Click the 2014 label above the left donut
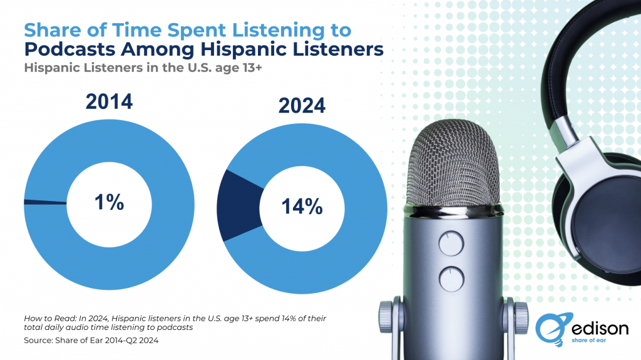click(x=109, y=101)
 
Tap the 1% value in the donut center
click(x=110, y=202)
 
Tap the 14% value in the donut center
click(x=302, y=207)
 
